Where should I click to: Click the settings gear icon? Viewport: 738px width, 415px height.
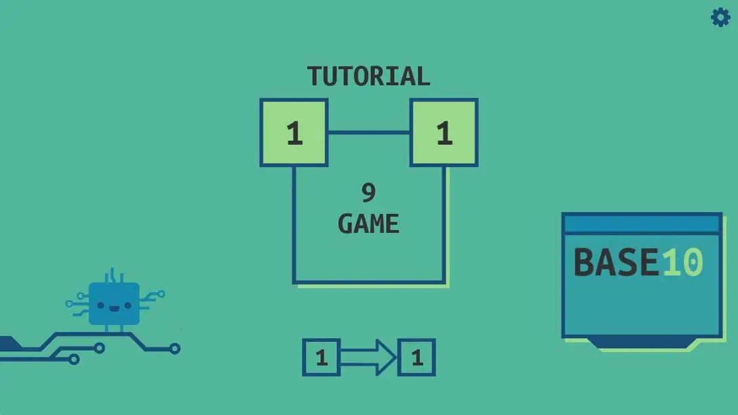pos(720,17)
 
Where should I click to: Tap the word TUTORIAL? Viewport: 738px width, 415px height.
pos(368,77)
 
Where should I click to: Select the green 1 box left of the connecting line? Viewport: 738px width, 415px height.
pos(294,133)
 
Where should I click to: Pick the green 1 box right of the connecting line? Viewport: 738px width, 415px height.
pos(443,133)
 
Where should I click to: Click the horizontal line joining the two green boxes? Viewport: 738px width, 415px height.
pos(369,133)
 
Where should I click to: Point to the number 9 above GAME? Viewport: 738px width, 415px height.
pos(368,194)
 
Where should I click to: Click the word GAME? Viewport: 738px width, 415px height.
pos(368,224)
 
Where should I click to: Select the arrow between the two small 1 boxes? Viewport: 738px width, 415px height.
pos(368,357)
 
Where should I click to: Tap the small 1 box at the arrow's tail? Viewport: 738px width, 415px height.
pos(322,357)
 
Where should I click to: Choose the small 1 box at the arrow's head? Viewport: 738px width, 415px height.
pos(416,357)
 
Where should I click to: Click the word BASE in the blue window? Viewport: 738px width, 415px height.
pos(615,263)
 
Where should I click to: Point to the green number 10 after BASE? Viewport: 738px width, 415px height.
pos(682,263)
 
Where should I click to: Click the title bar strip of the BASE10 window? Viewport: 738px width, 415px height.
pos(641,223)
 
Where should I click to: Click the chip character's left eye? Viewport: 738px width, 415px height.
pos(101,305)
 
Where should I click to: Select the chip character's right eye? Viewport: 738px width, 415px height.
pos(127,305)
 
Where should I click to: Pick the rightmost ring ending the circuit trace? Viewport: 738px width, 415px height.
pos(175,349)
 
